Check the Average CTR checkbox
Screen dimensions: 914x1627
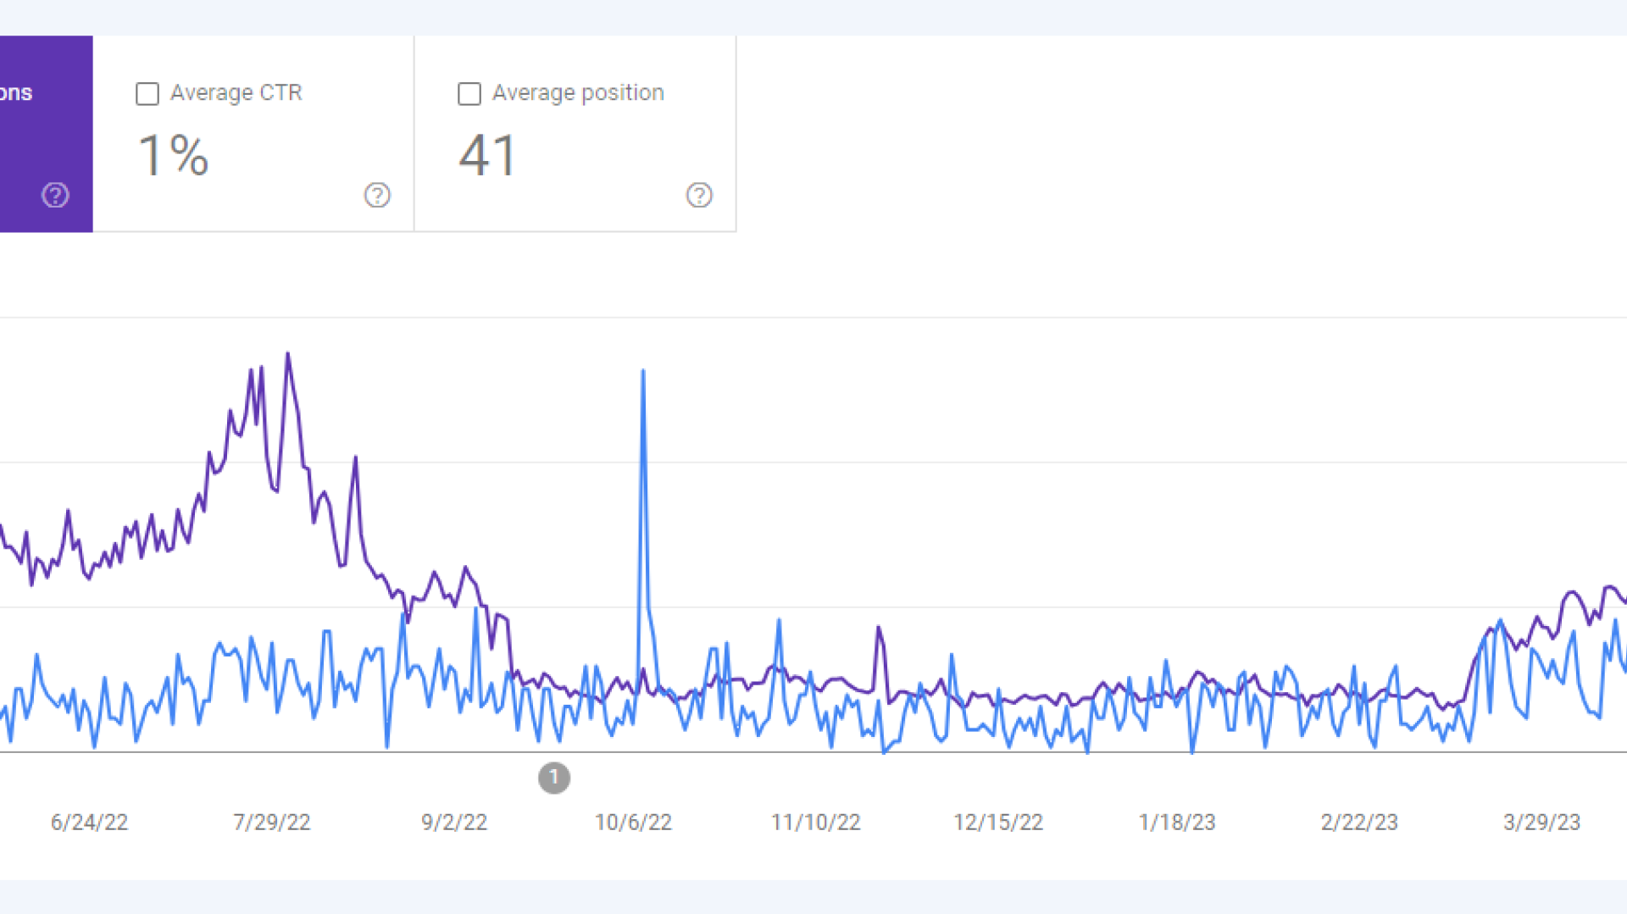[x=147, y=94]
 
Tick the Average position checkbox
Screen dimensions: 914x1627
[x=469, y=94]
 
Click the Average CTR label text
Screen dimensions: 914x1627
[x=236, y=92]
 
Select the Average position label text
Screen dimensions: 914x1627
[x=578, y=92]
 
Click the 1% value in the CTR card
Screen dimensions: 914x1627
[x=174, y=156]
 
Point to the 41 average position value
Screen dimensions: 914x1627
[x=487, y=156]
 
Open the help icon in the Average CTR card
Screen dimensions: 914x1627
[x=377, y=196]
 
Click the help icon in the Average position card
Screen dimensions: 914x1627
[x=699, y=196]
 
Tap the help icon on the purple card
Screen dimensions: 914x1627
[x=55, y=196]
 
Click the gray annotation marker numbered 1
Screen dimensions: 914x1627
[x=554, y=778]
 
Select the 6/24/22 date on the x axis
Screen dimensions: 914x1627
[x=89, y=823]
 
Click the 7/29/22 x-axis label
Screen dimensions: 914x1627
[x=272, y=823]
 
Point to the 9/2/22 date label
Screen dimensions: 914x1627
[x=454, y=823]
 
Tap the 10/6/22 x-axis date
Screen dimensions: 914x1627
[x=633, y=823]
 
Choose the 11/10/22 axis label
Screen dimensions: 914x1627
[x=815, y=823]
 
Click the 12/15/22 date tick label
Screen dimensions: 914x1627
[x=998, y=823]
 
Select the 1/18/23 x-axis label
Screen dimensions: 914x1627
[x=1177, y=823]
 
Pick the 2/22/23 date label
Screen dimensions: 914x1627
[x=1359, y=823]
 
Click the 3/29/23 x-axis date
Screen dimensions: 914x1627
[x=1541, y=823]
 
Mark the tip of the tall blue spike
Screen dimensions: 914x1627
[x=643, y=371]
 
